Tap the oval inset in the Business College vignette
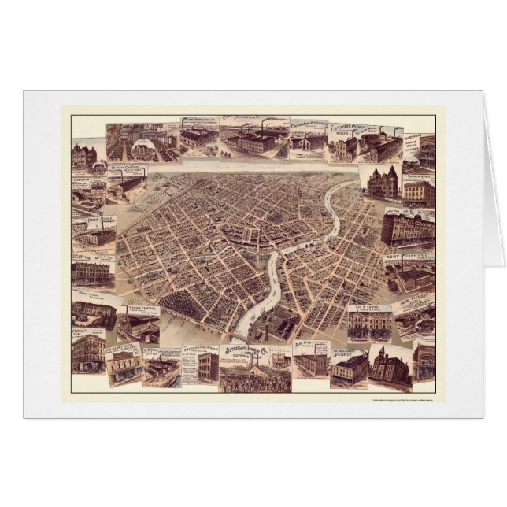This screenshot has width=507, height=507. click(x=144, y=149)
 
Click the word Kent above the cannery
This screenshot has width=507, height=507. click(x=392, y=257)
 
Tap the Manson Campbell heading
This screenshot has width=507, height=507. click(x=139, y=308)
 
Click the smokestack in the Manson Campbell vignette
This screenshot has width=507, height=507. click(x=126, y=318)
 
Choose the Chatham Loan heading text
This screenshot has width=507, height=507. click(x=200, y=348)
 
